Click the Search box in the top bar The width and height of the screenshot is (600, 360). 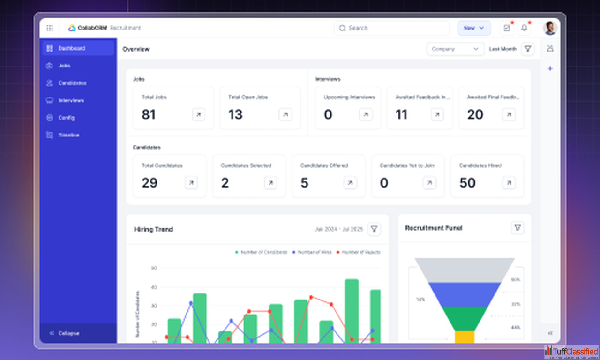tap(391, 28)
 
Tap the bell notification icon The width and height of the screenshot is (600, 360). tap(524, 28)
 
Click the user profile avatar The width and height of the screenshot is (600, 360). tap(550, 28)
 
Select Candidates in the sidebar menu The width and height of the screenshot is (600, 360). tap(72, 83)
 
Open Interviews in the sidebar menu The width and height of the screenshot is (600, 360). tap(71, 100)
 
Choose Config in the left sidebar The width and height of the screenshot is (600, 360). tap(66, 118)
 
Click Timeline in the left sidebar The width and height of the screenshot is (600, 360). tap(68, 135)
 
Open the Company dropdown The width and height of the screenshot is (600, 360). tap(455, 49)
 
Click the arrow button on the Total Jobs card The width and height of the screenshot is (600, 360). tap(198, 114)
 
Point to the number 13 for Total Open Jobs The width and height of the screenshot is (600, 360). tap(235, 114)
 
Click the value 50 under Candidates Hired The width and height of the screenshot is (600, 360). tap(467, 183)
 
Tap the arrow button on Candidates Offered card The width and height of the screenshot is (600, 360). tap(350, 183)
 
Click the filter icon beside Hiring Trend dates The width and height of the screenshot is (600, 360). tap(374, 229)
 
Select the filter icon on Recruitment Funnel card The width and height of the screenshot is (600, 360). tap(517, 227)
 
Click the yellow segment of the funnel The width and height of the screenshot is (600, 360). tap(465, 337)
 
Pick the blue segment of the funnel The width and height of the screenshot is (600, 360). tap(465, 294)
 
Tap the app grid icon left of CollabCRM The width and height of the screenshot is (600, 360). tap(50, 28)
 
